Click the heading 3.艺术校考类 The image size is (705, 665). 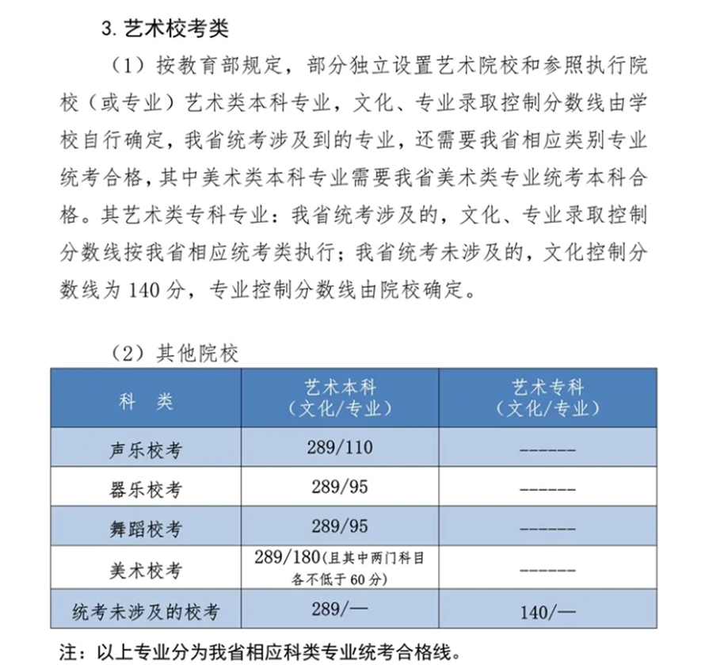point(165,29)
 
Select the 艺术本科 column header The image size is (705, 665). point(341,398)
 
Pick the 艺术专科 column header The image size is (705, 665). point(547,398)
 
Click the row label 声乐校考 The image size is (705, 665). point(146,450)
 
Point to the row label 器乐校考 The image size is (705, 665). point(146,489)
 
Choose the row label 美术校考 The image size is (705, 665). point(146,570)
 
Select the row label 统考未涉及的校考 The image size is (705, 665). point(146,611)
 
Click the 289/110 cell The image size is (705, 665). point(339,447)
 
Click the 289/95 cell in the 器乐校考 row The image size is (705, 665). point(339,487)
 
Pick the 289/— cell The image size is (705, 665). point(339,609)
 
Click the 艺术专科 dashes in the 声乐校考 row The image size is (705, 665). point(547,450)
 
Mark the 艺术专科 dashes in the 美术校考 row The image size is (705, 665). point(547,570)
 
